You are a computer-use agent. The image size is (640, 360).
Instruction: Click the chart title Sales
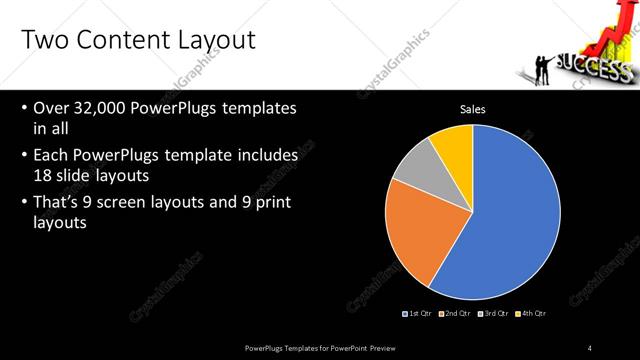point(473,109)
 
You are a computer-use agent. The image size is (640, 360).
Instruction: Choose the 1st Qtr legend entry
point(417,314)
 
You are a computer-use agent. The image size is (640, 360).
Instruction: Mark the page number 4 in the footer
point(590,347)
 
